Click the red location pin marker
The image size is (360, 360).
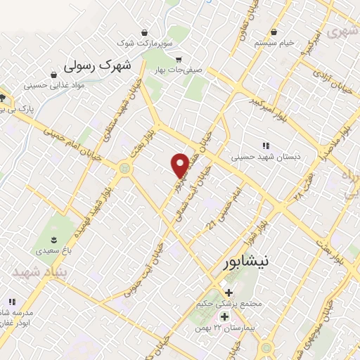coord(181,165)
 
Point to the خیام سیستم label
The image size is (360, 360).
coord(274,44)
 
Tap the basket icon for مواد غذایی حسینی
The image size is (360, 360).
coord(54,74)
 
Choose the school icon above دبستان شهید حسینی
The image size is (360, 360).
coord(265,146)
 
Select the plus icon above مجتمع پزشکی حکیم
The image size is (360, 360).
coord(228,292)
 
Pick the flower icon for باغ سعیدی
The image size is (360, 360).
coord(53,241)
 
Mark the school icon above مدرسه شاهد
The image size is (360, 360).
coord(11,302)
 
